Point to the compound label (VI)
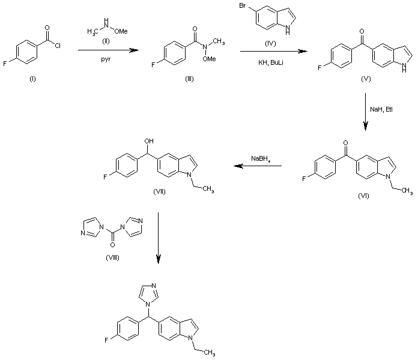tap(363, 196)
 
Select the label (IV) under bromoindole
tap(268, 42)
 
